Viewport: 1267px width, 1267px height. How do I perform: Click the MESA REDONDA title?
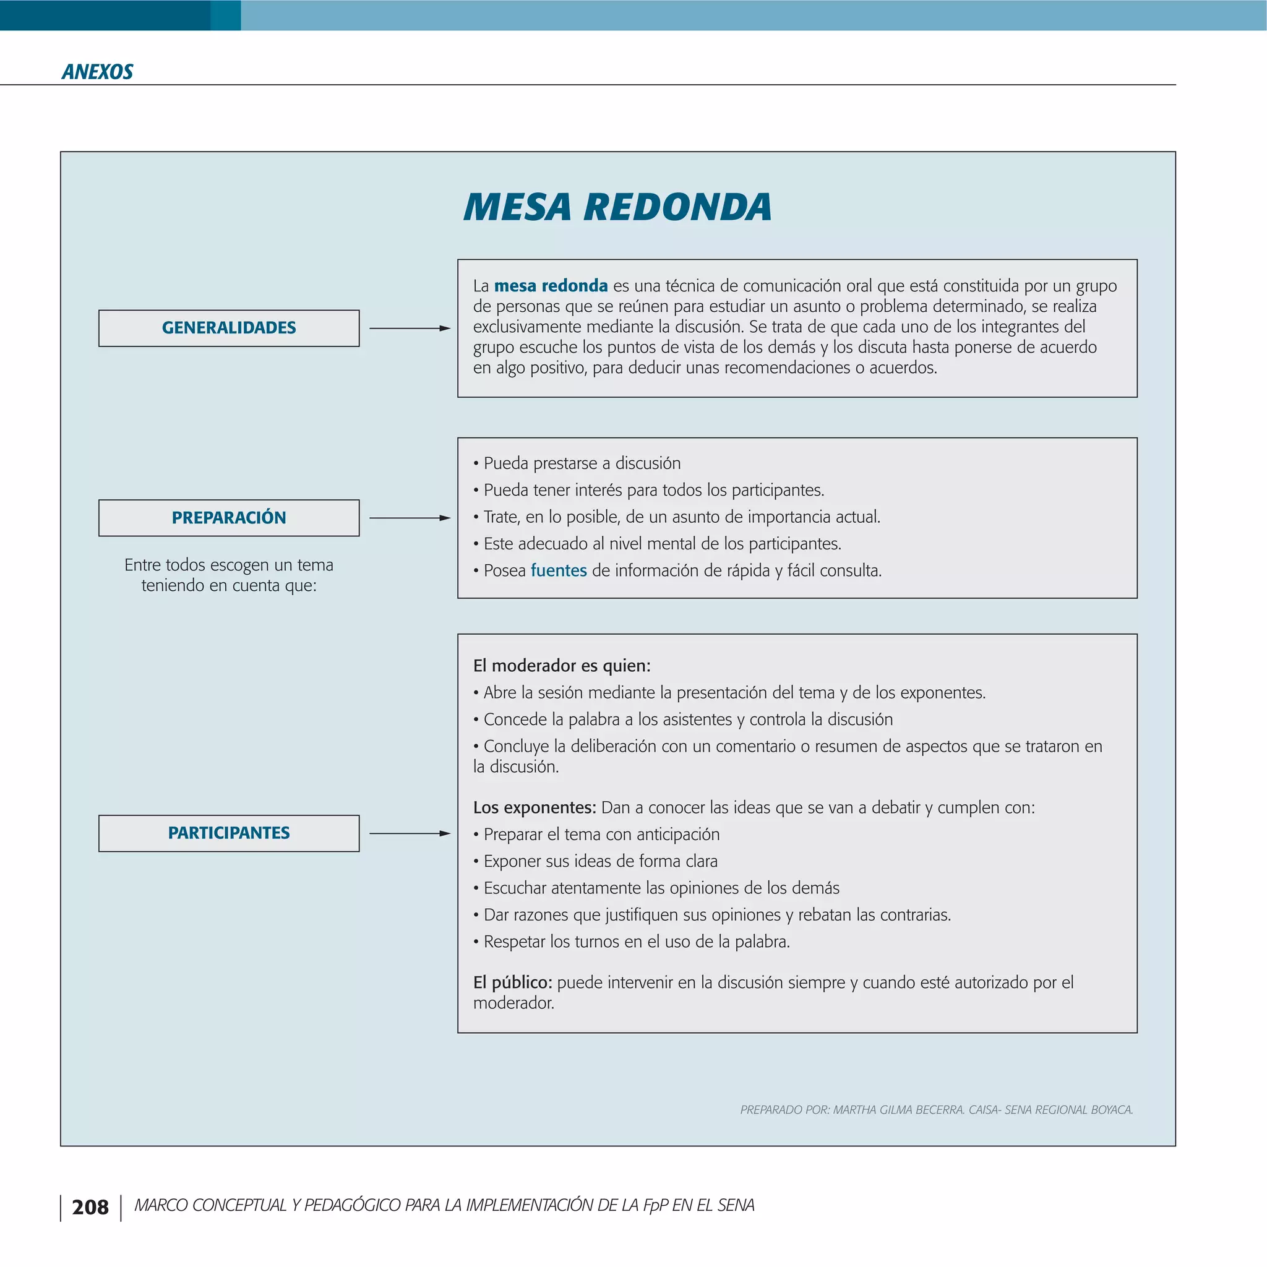617,207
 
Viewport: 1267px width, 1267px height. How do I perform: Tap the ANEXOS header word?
97,72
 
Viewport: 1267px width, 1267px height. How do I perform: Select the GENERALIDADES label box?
229,328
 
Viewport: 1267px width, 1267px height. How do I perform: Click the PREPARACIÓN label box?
229,517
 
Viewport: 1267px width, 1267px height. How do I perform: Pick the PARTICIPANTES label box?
229,833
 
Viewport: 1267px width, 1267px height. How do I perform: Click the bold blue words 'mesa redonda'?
550,286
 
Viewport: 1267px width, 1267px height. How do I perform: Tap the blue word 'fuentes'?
558,570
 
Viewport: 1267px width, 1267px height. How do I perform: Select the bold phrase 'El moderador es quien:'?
561,666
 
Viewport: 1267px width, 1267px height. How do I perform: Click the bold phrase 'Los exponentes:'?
534,807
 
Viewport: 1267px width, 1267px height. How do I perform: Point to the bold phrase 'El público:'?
512,982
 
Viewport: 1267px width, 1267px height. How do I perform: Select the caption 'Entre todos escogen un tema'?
229,565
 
